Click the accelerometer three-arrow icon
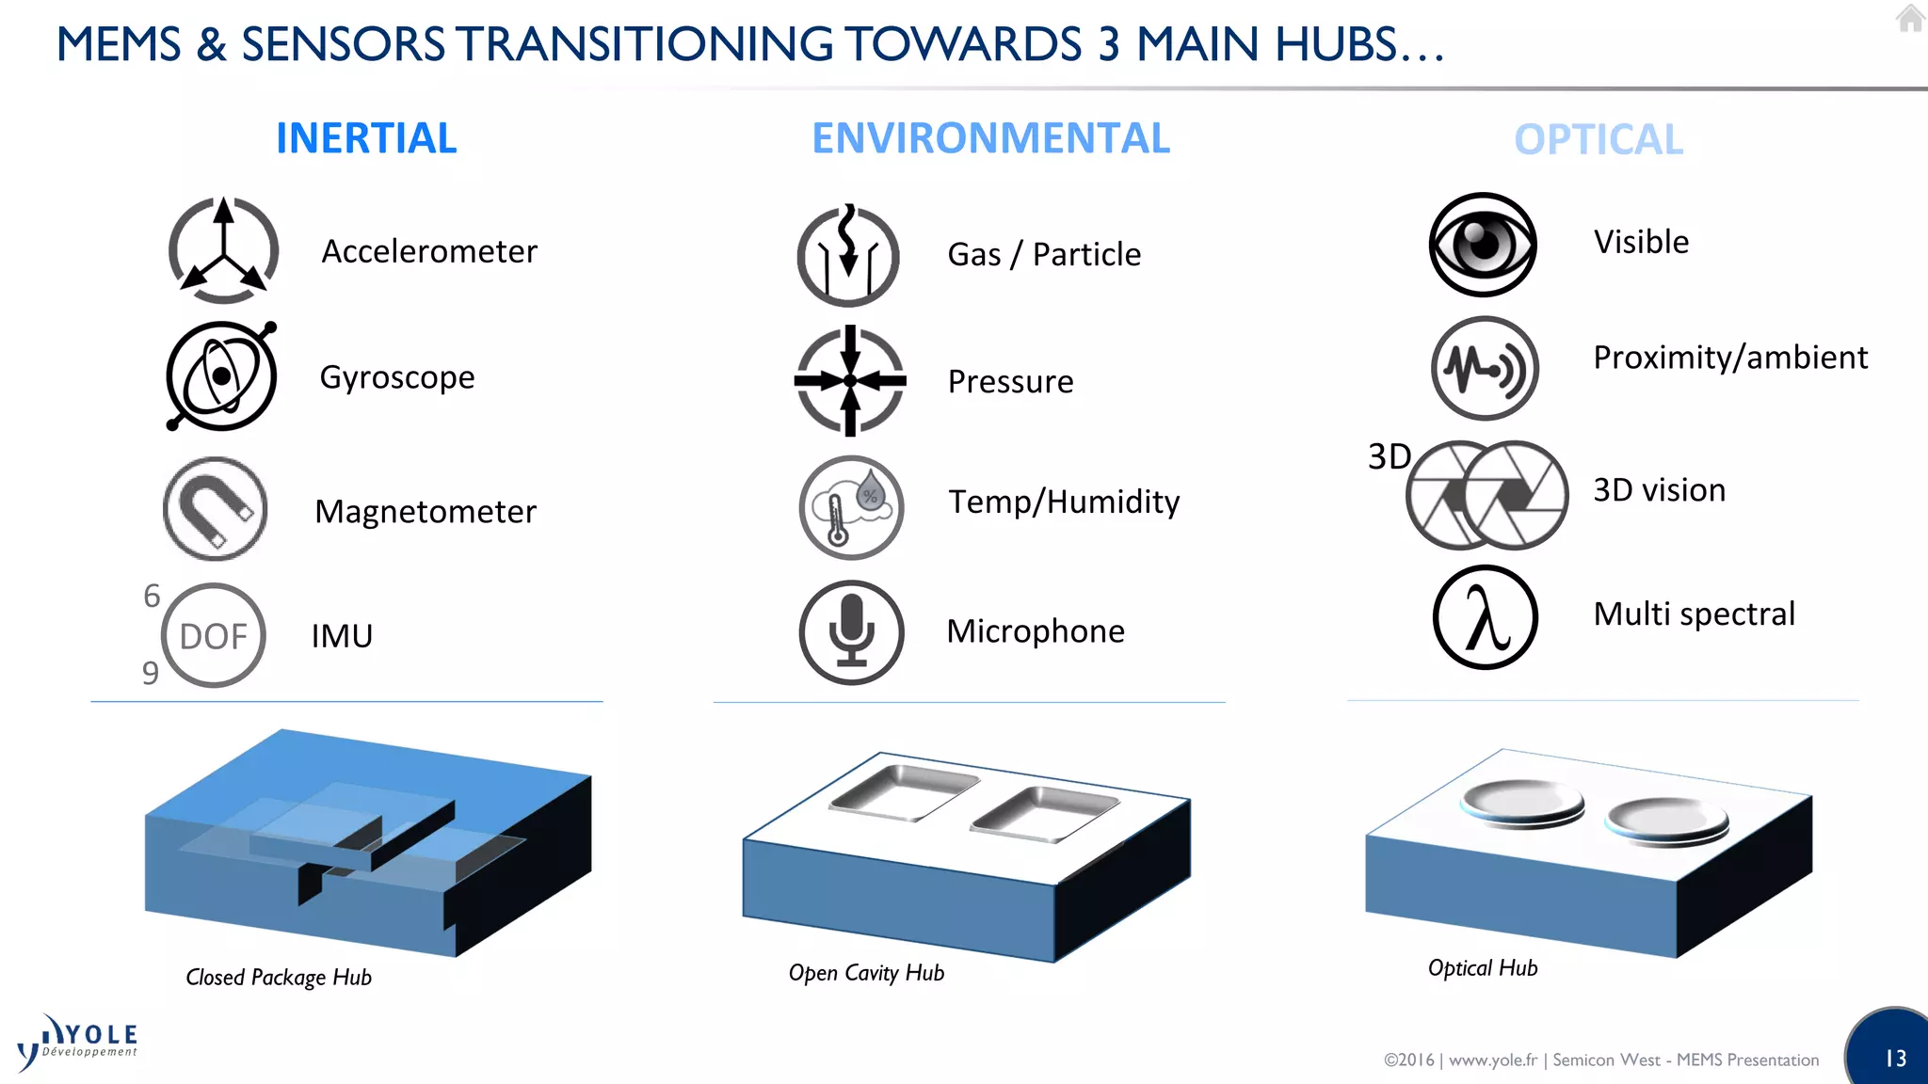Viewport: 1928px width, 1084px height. (223, 250)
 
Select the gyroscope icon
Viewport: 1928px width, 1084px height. (221, 376)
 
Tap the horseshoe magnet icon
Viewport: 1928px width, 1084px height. (216, 509)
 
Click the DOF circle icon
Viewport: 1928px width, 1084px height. (214, 636)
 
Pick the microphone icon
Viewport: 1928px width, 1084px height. (851, 631)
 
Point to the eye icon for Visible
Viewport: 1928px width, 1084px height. (1483, 245)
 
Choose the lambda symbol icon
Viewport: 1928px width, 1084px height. (1485, 617)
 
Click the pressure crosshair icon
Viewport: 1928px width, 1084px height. (850, 381)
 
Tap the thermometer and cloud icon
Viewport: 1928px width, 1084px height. (851, 508)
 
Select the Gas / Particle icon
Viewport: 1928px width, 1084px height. (848, 256)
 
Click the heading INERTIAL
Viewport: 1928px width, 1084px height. (366, 138)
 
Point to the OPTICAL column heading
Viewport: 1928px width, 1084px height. (1599, 140)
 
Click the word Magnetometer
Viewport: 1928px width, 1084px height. (426, 512)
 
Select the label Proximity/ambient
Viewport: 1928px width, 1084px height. (1730, 358)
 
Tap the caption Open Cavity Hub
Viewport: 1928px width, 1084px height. (866, 973)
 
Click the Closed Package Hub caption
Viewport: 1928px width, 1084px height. (279, 978)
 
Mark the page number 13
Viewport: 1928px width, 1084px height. (1895, 1059)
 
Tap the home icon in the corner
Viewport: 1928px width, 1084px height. (1910, 18)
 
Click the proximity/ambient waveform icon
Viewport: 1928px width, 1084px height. (1485, 368)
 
